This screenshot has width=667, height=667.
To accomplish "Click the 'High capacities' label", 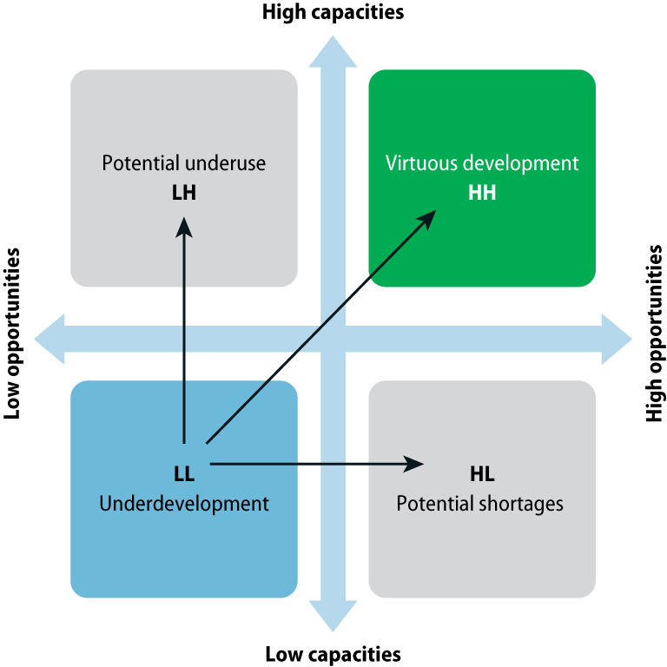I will point(333,12).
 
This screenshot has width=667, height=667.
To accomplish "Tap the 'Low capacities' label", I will point(333,653).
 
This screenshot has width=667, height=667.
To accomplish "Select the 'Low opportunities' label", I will point(13,334).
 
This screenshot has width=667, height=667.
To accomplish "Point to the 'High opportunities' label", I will point(654,334).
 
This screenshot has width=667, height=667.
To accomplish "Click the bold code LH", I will point(183,193).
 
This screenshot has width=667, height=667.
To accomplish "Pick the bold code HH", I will point(482,193).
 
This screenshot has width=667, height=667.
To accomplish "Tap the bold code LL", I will point(183,474).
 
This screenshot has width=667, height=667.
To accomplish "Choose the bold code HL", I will point(482,474).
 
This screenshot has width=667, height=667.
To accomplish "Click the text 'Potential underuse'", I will point(183,164).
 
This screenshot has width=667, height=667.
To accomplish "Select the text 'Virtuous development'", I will point(482,163).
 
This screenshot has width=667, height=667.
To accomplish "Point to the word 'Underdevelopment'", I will point(183,503).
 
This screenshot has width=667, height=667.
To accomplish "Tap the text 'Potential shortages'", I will point(480,504).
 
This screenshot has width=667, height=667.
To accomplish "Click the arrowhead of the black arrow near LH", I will point(183,225).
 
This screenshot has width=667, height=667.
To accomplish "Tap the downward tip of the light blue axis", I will point(333,629).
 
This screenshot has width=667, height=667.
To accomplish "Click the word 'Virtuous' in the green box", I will point(420,163).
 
